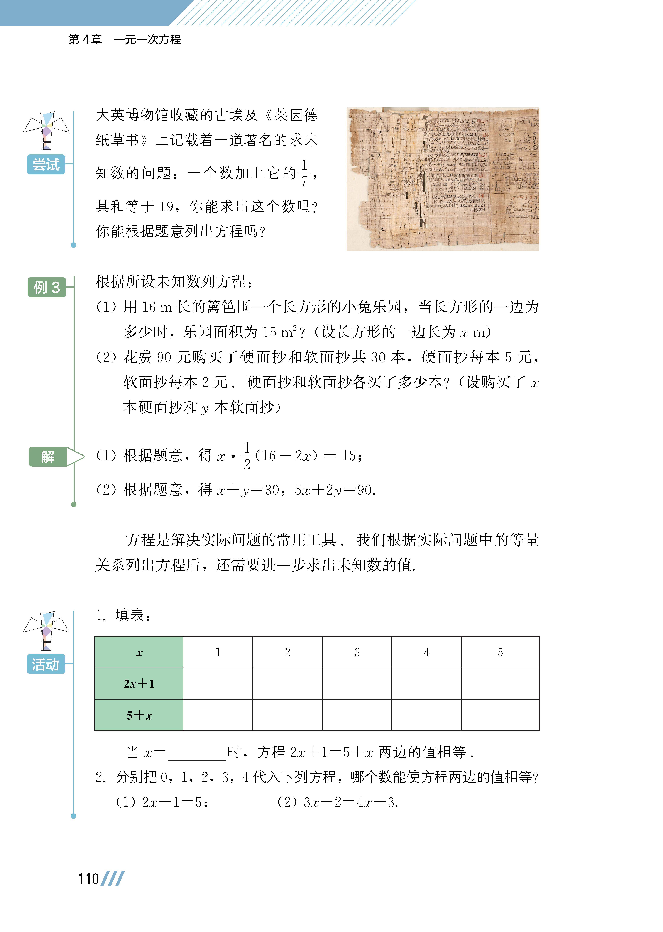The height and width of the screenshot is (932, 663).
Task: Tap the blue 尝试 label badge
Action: (46, 164)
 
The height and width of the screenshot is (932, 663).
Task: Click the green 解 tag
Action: (48, 456)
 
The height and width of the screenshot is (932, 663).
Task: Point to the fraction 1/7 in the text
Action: (304, 173)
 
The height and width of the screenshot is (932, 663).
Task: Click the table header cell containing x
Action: (139, 652)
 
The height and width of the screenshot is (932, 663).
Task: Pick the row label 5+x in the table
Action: (139, 715)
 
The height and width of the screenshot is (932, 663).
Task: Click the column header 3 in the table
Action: (357, 652)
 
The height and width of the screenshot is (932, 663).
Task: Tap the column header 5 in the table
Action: (500, 652)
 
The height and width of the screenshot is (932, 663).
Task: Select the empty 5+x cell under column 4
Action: (426, 715)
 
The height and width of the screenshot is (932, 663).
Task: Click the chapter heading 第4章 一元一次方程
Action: (125, 40)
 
